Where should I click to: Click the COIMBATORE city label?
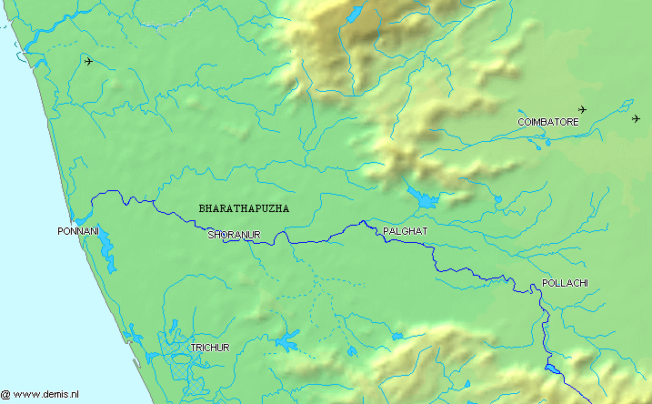coord(547,121)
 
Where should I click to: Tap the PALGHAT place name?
coord(405,232)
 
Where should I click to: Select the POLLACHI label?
coord(565,283)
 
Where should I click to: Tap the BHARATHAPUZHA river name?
coord(244,208)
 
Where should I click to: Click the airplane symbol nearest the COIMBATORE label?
coord(582,109)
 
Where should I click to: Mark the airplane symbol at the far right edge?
coord(636,118)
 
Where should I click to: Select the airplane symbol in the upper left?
coord(88,61)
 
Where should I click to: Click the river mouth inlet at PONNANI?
coord(80,218)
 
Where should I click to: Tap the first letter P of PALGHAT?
coord(386,232)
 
